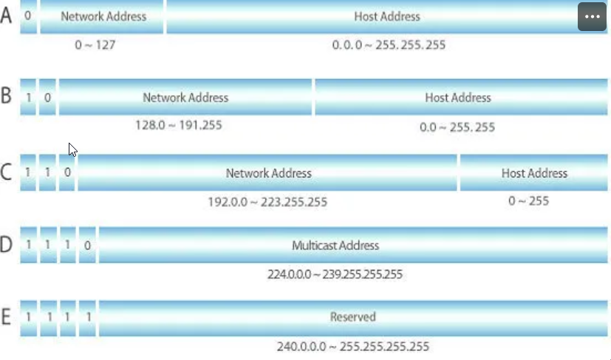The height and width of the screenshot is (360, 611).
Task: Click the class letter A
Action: pyautogui.click(x=7, y=16)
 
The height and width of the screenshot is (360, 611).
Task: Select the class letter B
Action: pyautogui.click(x=7, y=96)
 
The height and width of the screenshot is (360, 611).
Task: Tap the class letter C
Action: pyautogui.click(x=7, y=173)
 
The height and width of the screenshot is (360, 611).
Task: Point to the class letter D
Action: pyautogui.click(x=7, y=245)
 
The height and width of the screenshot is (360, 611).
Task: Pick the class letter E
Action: pyautogui.click(x=7, y=317)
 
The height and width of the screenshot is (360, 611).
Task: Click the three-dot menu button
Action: pyautogui.click(x=592, y=16)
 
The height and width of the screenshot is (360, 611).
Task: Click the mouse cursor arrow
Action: pyautogui.click(x=72, y=149)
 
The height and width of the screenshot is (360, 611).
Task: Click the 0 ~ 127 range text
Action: pyautogui.click(x=95, y=44)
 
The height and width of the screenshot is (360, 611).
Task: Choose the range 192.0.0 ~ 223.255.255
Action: pyautogui.click(x=267, y=201)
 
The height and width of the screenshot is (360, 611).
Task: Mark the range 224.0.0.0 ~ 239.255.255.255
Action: pyautogui.click(x=335, y=274)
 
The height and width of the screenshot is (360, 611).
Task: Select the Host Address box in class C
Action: pyautogui.click(x=533, y=173)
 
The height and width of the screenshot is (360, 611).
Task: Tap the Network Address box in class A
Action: pyautogui.click(x=102, y=16)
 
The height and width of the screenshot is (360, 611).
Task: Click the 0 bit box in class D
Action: pyautogui.click(x=87, y=245)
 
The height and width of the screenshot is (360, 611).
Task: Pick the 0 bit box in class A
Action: pyautogui.click(x=28, y=16)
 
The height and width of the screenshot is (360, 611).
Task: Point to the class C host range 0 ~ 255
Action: pyautogui.click(x=529, y=200)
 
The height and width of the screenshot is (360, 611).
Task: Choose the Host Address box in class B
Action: pyautogui.click(x=457, y=97)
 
